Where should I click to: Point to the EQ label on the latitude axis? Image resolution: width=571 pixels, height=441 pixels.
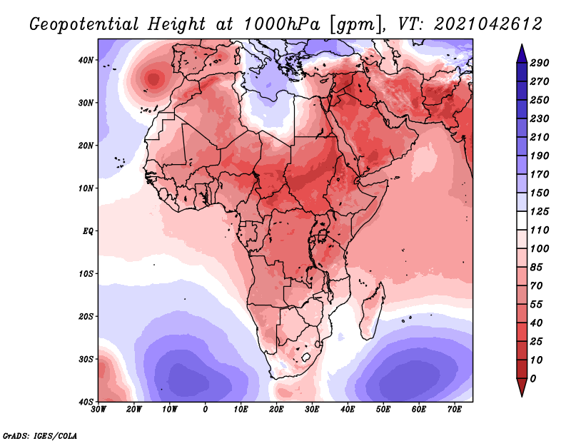tap(89, 231)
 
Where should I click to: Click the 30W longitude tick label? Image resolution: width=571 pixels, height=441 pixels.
tap(98, 410)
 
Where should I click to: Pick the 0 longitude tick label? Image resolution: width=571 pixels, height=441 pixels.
tap(206, 410)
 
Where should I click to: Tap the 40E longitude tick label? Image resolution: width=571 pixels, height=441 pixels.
tap(348, 410)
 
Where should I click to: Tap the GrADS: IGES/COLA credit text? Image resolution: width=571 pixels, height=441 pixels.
tap(40, 435)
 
